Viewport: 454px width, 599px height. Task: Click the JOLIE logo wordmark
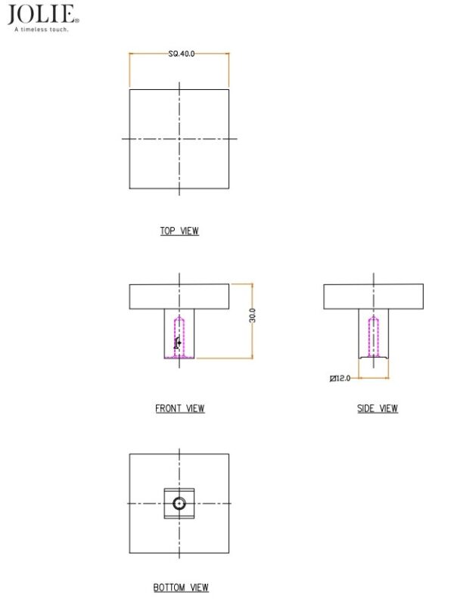point(42,14)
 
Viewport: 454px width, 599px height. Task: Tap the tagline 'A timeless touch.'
point(42,29)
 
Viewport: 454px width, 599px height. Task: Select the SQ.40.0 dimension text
point(182,54)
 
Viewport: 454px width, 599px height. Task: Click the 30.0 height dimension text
point(252,315)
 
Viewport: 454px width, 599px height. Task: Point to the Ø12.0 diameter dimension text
point(340,378)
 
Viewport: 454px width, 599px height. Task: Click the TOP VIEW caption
point(179,231)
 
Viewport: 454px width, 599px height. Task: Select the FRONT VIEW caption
point(179,408)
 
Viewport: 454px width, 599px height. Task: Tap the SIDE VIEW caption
point(377,408)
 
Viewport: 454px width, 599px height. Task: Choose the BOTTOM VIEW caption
point(181,587)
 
